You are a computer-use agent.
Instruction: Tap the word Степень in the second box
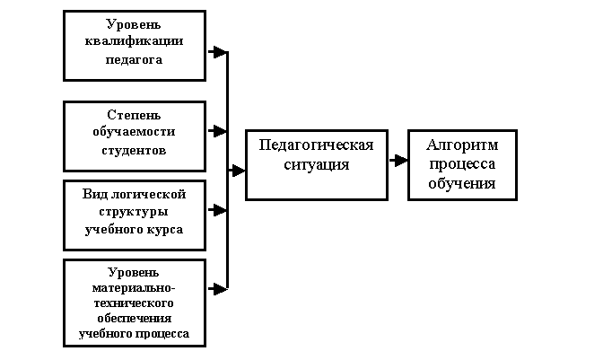(135, 114)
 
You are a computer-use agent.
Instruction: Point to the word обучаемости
(135, 132)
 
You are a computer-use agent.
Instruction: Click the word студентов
(135, 150)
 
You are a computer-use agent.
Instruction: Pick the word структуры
(135, 212)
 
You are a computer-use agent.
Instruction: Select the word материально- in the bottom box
(135, 289)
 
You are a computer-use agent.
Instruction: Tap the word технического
(135, 304)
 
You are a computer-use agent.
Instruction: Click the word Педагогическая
(316, 145)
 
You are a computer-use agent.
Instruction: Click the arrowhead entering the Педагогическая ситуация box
(239, 169)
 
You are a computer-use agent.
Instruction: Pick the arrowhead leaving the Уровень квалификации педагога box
(219, 52)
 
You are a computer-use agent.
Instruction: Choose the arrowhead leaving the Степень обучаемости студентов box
(219, 131)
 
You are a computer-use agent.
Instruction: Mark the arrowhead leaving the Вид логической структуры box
(219, 210)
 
